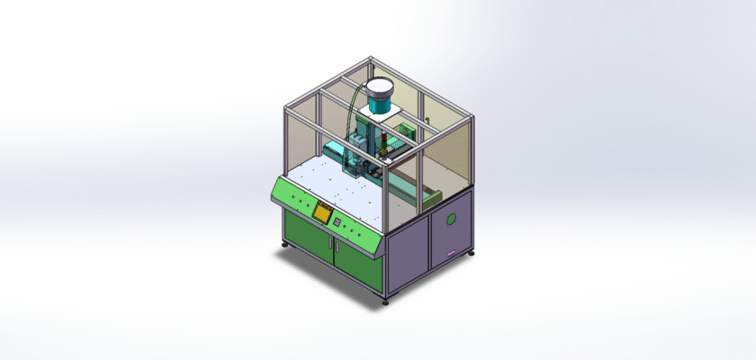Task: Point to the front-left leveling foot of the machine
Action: (x=285, y=245)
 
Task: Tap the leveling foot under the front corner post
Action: (x=386, y=301)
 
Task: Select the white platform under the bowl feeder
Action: (x=379, y=117)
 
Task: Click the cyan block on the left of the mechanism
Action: (x=334, y=148)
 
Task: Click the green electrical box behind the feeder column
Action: (x=407, y=131)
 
